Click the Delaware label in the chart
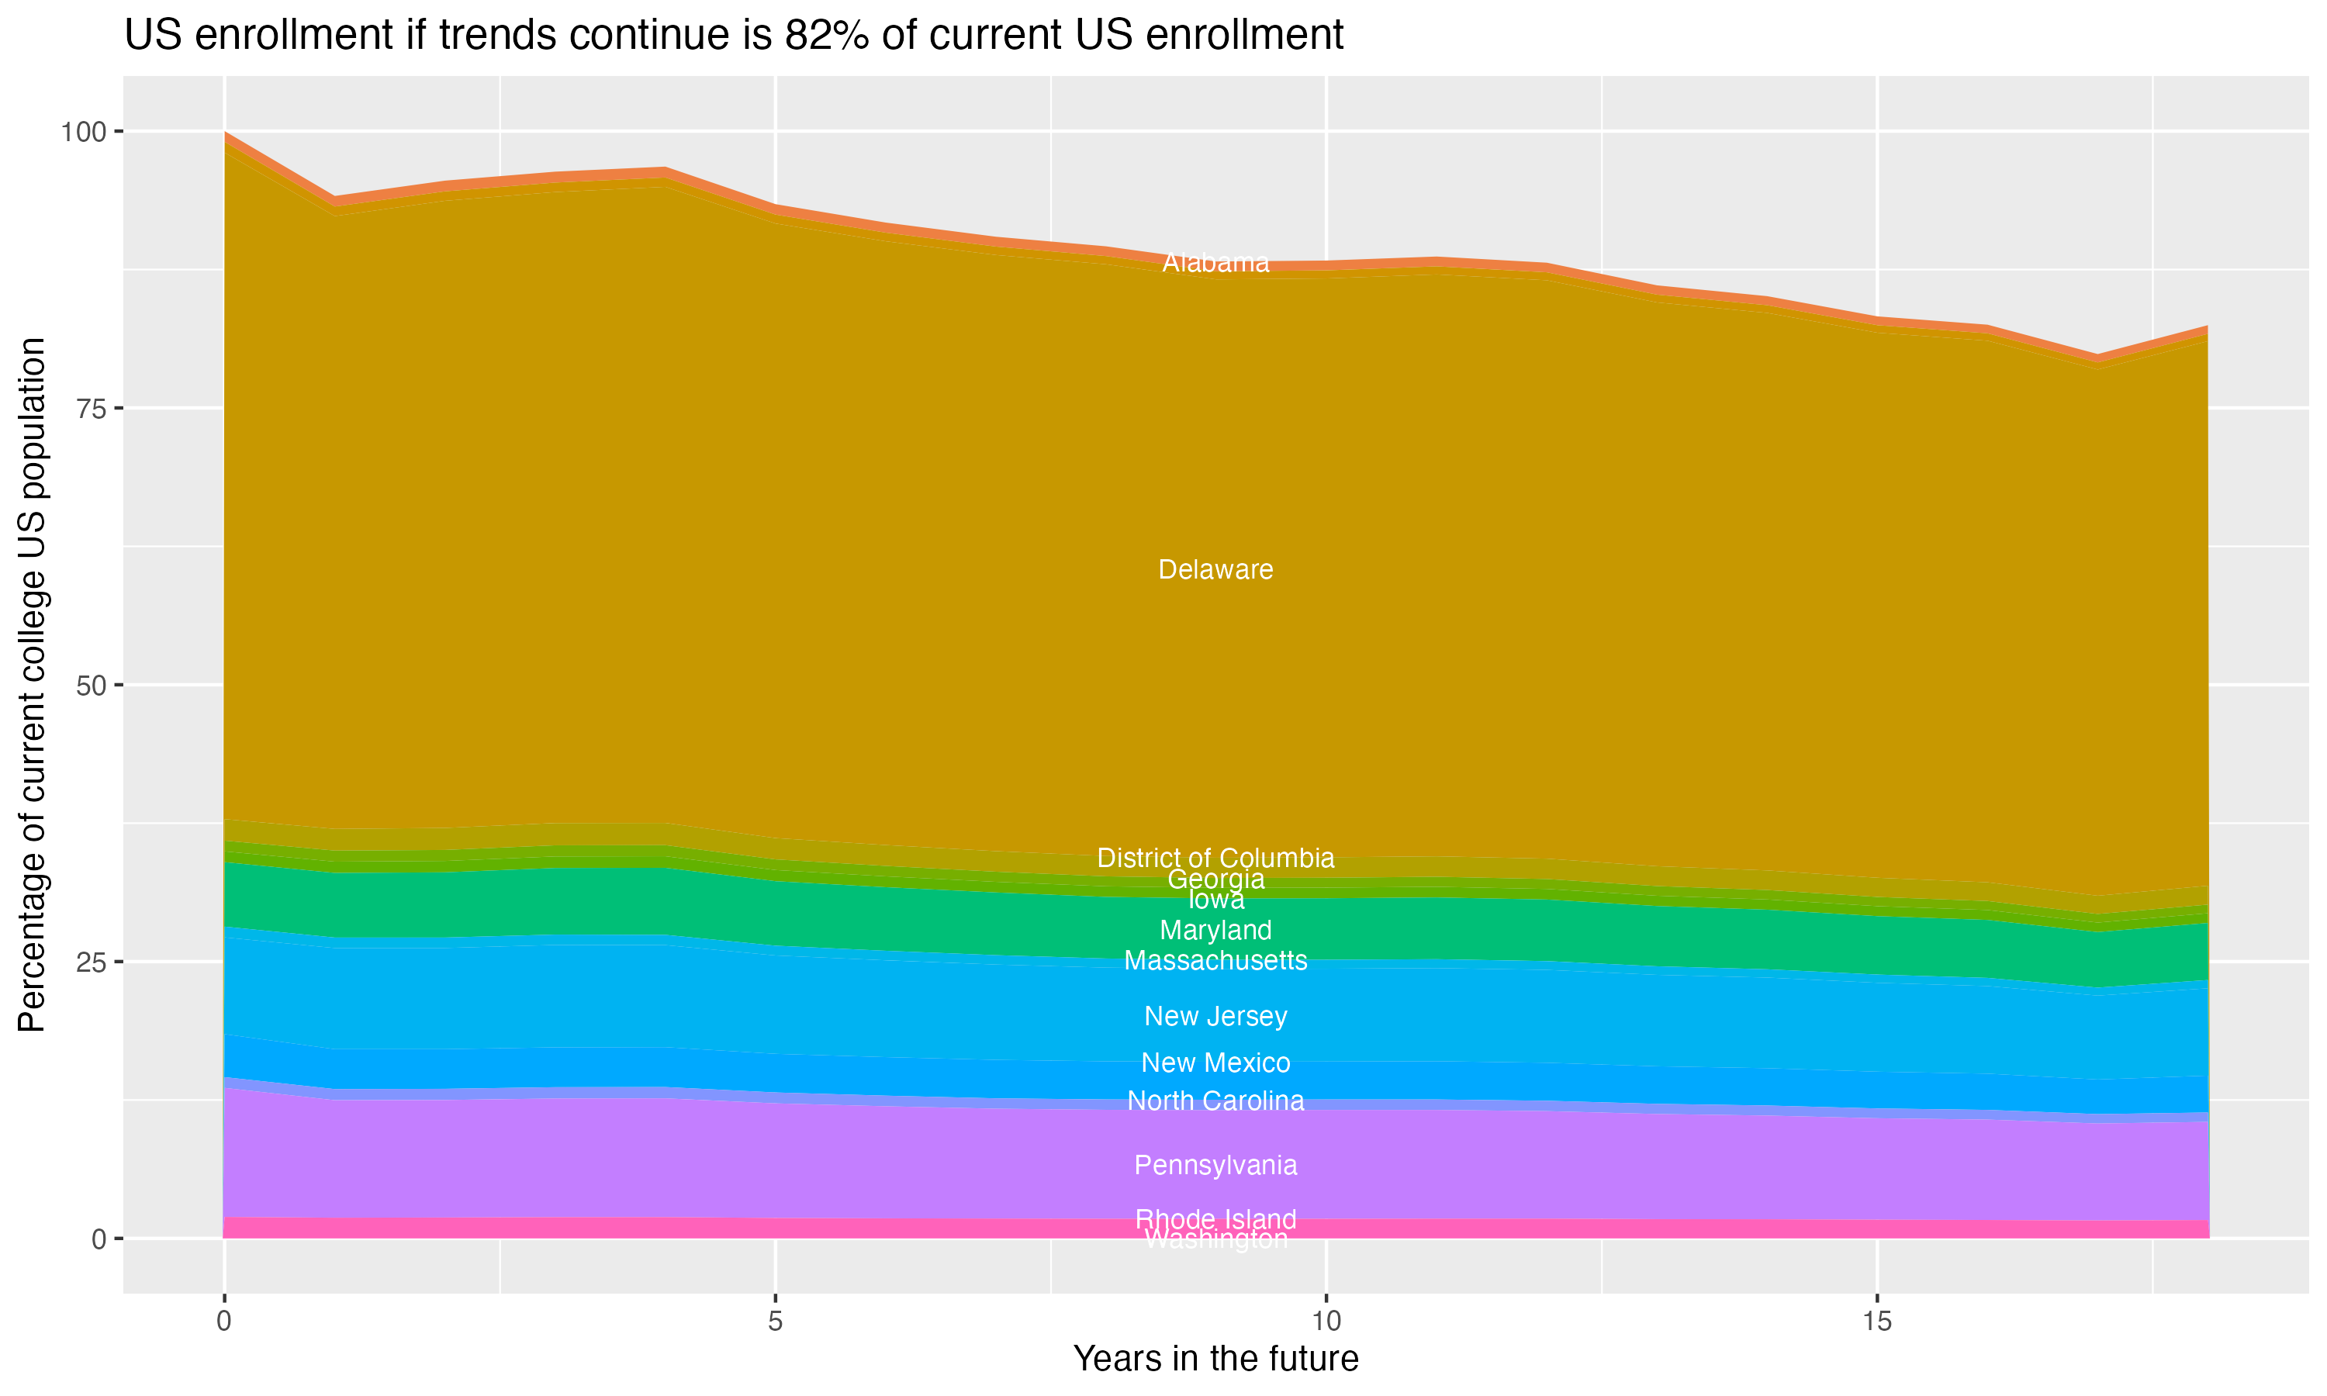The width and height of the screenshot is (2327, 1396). point(1215,570)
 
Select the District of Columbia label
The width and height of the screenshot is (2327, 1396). point(1215,858)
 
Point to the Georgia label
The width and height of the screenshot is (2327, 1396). point(1215,879)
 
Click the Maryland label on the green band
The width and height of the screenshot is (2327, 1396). point(1215,931)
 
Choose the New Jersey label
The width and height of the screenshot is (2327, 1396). point(1215,1016)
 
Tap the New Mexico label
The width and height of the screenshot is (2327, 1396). point(1215,1063)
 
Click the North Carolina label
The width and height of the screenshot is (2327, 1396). point(1215,1101)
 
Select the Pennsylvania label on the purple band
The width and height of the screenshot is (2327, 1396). point(1215,1166)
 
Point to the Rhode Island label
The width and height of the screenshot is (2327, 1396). point(1215,1219)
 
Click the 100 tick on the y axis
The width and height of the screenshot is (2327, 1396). point(83,132)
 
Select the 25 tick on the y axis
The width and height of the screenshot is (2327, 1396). point(90,962)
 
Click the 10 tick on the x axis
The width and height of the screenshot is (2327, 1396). point(1326,1322)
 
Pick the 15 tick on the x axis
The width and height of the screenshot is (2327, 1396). point(1876,1322)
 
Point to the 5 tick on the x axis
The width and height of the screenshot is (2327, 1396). point(775,1322)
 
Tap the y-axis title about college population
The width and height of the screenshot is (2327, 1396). point(32,685)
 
